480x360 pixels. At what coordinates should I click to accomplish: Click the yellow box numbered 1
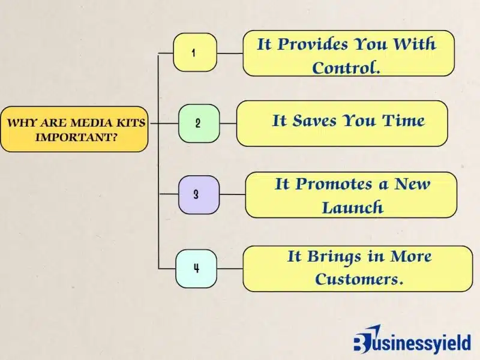[194, 53]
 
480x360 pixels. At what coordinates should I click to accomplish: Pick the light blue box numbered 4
[196, 268]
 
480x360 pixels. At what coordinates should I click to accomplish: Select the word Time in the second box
[400, 120]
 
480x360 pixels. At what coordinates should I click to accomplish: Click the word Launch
[352, 208]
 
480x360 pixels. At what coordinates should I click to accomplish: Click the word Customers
[359, 279]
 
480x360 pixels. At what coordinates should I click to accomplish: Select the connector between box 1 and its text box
[229, 53]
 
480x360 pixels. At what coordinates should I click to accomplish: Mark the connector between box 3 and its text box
[232, 195]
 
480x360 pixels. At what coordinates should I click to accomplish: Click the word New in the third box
[412, 184]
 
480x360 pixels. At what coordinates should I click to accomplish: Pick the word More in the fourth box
[411, 256]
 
